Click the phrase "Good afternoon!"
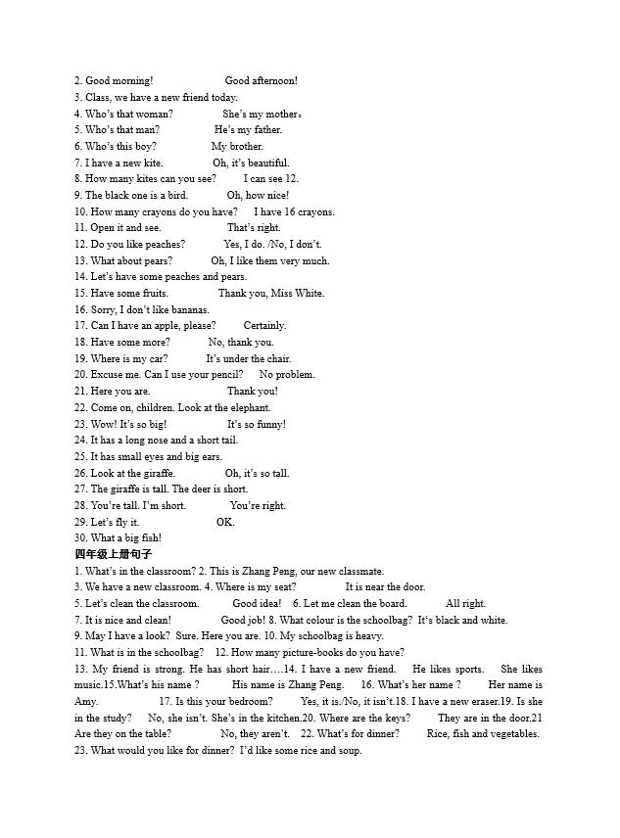[x=261, y=80]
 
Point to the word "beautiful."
[x=266, y=163]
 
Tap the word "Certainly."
[x=264, y=326]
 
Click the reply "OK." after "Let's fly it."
[x=225, y=522]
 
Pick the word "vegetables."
[x=512, y=734]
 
